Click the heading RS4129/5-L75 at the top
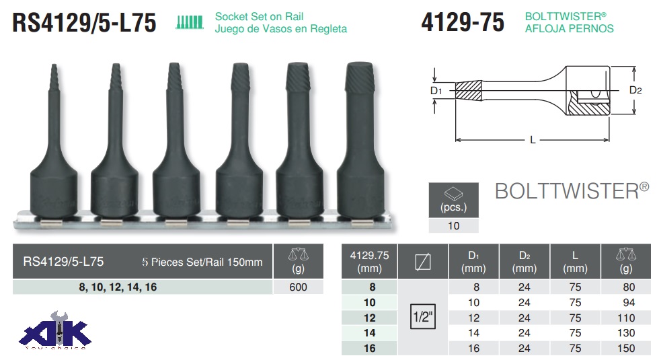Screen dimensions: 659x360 pyautogui.click(x=84, y=23)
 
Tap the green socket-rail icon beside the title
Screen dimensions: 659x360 pyautogui.click(x=190, y=22)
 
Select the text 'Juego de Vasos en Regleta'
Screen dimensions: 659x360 pyautogui.click(x=281, y=29)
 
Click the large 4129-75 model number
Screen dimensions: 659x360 pyautogui.click(x=463, y=22)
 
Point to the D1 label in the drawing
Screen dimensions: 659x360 pyautogui.click(x=436, y=91)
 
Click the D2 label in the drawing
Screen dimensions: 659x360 pyautogui.click(x=635, y=90)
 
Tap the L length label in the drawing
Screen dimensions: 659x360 pyautogui.click(x=533, y=140)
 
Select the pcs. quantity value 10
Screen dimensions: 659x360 pyautogui.click(x=453, y=226)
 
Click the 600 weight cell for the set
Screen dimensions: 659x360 pyautogui.click(x=298, y=287)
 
